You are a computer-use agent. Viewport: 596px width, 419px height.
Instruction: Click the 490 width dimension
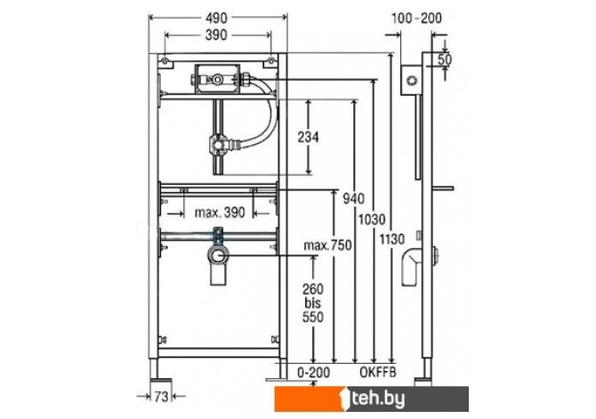point(216,18)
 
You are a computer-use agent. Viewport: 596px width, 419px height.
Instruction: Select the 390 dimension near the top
point(216,35)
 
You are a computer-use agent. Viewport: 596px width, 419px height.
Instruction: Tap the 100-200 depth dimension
point(416,18)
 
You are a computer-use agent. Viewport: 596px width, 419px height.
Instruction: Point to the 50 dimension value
point(445,60)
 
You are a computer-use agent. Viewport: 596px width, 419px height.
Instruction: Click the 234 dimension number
point(308,137)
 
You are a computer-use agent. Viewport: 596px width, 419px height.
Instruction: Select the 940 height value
point(353,198)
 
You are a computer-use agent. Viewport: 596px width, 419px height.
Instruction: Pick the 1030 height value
point(372,220)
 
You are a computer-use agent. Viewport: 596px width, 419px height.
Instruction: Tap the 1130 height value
point(392,239)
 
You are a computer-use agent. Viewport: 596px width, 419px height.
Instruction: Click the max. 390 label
point(220,213)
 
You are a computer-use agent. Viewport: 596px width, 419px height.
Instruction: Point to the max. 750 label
point(327,246)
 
